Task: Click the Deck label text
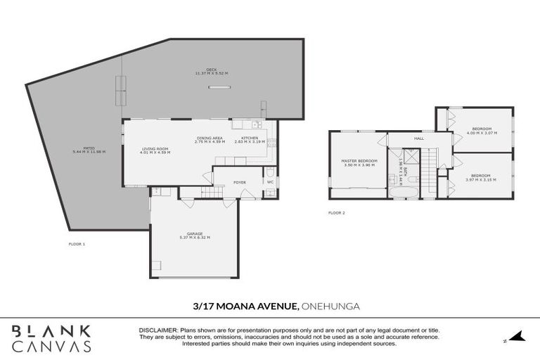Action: click(212, 70)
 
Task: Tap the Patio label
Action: click(84, 149)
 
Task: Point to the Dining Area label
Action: click(210, 138)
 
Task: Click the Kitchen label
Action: click(250, 138)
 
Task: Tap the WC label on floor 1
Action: click(270, 182)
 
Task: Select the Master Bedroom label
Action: click(359, 161)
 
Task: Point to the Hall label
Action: click(419, 139)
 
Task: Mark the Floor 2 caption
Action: click(337, 212)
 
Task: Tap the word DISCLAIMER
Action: click(157, 330)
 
